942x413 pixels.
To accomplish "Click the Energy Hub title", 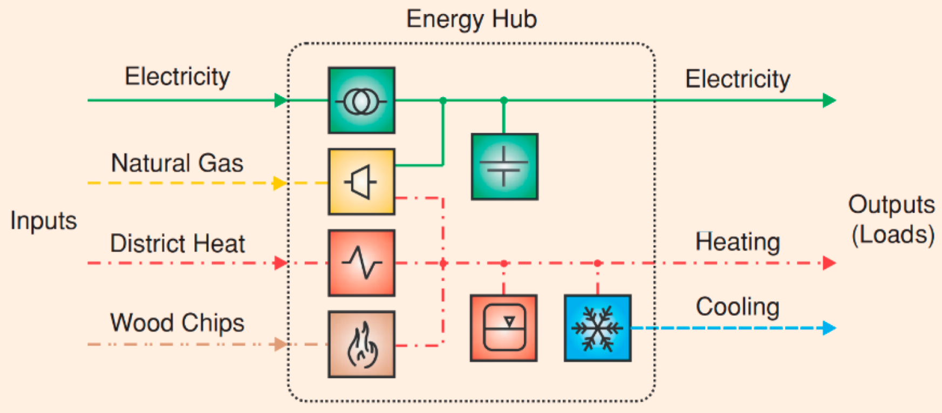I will coord(472,19).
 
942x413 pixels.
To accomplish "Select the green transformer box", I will coord(361,100).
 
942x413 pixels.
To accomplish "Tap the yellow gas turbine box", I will coord(361,182).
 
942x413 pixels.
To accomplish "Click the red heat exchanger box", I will coord(361,263).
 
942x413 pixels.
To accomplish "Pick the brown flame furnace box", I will coord(361,344).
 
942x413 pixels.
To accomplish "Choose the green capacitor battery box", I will coord(504,166).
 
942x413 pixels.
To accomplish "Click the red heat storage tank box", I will coord(503,328).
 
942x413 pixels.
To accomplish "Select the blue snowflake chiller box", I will coord(597,328).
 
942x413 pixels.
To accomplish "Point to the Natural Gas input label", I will coord(177,163).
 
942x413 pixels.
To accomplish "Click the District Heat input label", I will coord(178,243).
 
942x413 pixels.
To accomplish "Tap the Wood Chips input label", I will coord(177,323).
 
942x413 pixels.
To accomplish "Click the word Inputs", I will coord(44,221).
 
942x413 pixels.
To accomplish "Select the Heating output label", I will coord(738,242).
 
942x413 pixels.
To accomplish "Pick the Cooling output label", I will coord(738,307).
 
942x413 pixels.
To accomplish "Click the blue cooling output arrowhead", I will coord(829,328).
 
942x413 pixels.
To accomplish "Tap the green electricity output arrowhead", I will coord(829,100).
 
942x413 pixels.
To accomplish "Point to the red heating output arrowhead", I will coord(829,263).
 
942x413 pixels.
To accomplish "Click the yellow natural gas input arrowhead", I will coord(279,183).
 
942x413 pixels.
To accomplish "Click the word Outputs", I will coord(891,205).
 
